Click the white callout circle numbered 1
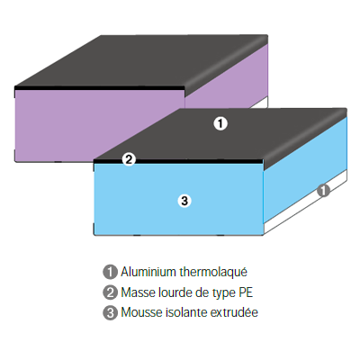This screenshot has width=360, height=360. coord(220,123)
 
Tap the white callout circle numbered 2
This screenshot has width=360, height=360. coord(129,159)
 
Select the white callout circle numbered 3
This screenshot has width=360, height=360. coord(184,201)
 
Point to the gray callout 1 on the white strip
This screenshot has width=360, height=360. coord(323,190)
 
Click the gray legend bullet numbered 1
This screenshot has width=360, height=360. coord(110,272)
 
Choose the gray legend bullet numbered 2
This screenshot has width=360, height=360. coord(110,292)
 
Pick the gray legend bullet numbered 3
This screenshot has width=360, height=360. coord(110,312)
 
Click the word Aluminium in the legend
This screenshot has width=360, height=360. coord(148,272)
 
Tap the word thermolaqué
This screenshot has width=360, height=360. coord(213,273)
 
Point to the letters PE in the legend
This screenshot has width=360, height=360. coord(246,292)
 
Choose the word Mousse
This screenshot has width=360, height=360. coord(141,312)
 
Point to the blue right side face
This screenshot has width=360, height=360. coord(305,169)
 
